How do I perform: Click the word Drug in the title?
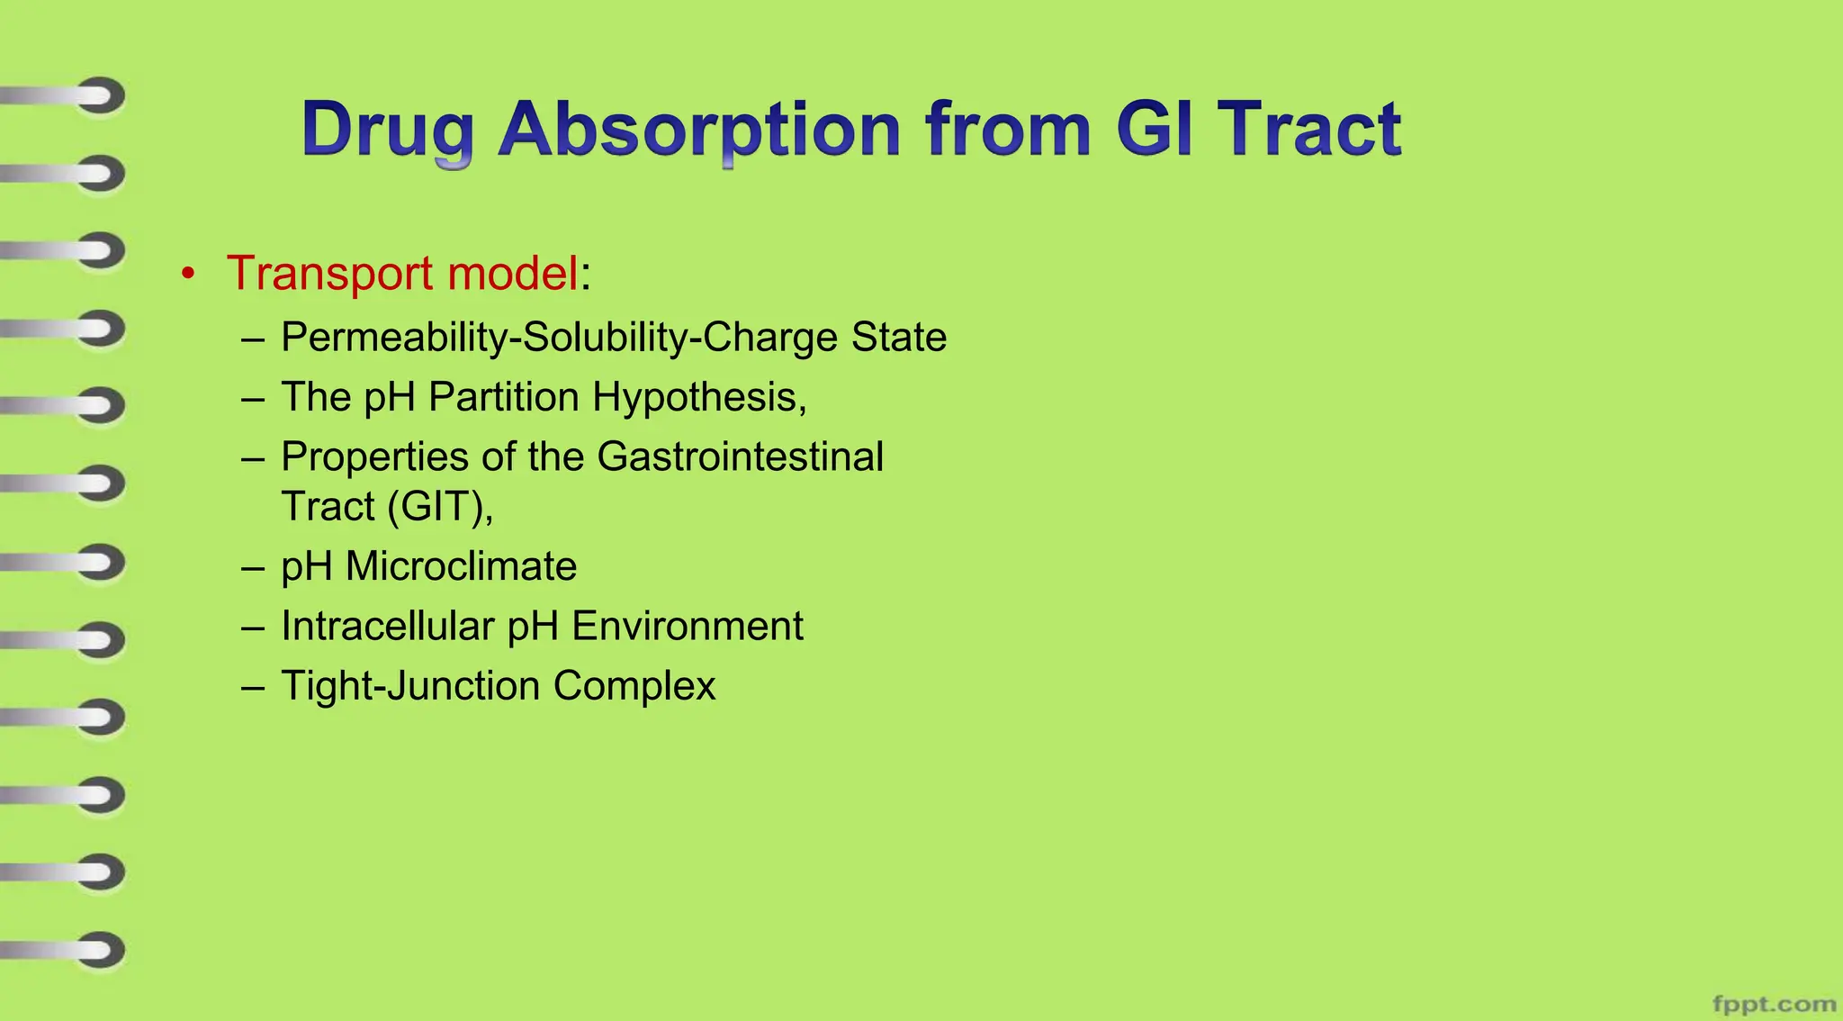point(387,131)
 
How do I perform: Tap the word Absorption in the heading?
point(698,131)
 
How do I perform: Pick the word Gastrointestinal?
point(740,456)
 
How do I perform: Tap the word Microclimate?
point(461,566)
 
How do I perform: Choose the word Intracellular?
point(387,626)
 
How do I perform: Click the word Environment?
point(687,626)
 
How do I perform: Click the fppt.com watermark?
point(1773,1003)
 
